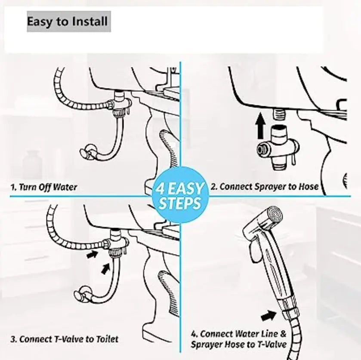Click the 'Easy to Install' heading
point(67,22)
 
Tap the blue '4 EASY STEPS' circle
point(180,195)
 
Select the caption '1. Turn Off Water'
point(44,187)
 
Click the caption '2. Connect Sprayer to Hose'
point(265,186)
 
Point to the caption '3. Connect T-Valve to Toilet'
point(65,339)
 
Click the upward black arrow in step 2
point(260,126)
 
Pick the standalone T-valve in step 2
point(278,148)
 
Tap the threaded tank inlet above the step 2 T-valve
point(279,114)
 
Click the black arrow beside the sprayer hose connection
point(268,315)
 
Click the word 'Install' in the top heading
point(90,22)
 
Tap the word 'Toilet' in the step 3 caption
point(107,339)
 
